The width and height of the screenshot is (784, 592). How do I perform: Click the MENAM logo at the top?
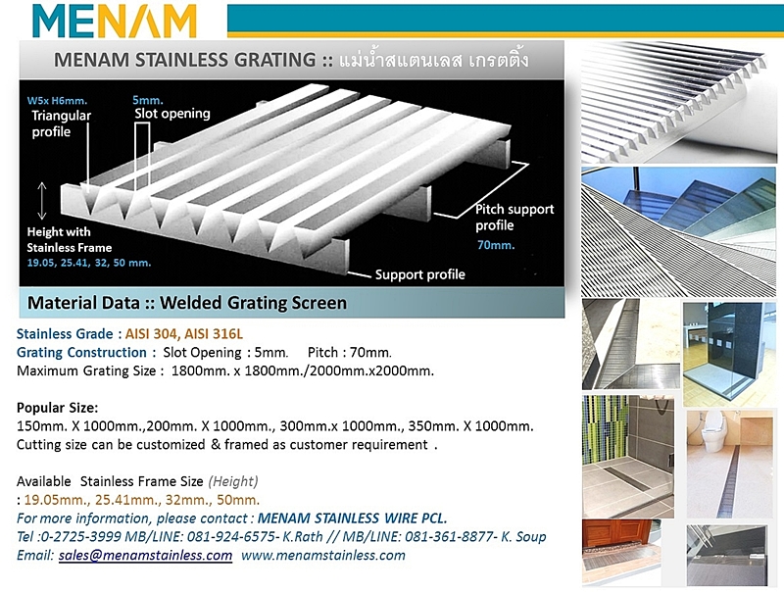tap(114, 21)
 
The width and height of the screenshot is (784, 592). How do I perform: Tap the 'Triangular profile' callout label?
tap(61, 123)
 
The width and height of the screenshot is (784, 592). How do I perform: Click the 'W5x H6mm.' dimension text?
tap(57, 100)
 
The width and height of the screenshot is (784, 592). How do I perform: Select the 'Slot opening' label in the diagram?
tap(172, 114)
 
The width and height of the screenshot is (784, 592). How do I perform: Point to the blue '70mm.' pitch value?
tap(496, 245)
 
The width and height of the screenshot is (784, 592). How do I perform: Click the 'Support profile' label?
tap(420, 274)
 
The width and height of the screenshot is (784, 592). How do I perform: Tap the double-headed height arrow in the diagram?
tap(42, 201)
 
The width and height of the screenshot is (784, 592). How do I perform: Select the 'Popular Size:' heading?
tap(58, 408)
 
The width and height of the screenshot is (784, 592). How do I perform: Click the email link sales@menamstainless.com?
tap(145, 555)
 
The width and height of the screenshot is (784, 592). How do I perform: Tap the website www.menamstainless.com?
tap(323, 555)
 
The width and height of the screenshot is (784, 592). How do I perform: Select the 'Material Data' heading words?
tap(83, 303)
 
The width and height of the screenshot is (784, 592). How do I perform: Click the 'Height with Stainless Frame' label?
tap(69, 239)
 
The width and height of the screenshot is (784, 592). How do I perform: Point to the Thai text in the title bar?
tap(433, 60)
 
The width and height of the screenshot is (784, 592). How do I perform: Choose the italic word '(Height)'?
tap(233, 481)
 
